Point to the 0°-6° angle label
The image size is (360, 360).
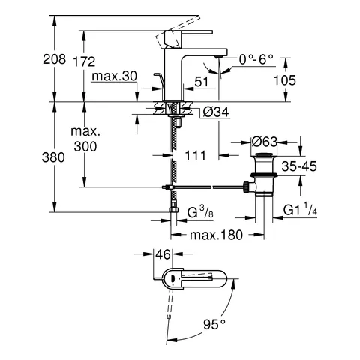tap(256, 58)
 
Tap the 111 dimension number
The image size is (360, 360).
tap(196, 155)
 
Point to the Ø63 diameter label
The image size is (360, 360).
tap(266, 142)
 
